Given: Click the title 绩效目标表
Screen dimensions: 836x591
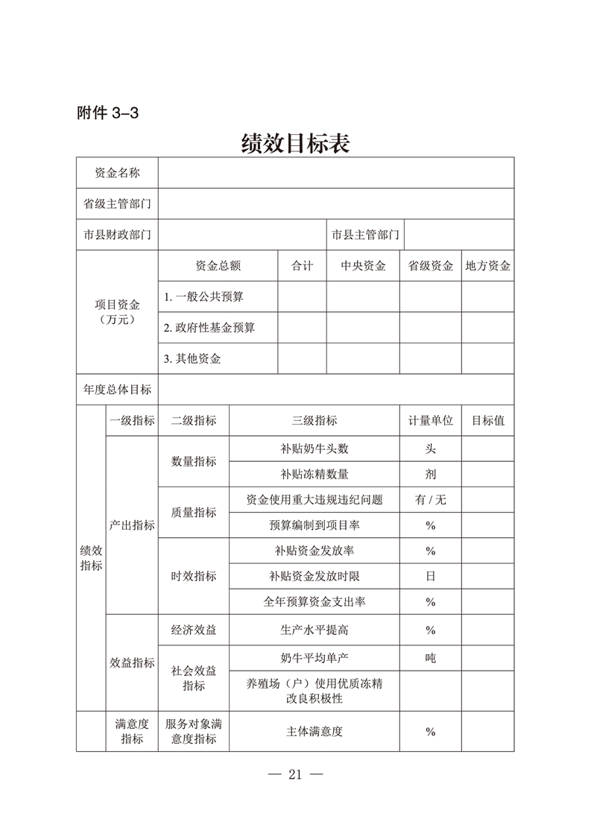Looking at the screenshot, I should [x=295, y=142].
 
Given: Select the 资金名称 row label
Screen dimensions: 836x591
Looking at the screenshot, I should [x=117, y=173].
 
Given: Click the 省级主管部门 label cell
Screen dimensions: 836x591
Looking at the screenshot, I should [x=117, y=203].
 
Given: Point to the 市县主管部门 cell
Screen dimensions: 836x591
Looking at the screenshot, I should [x=365, y=235].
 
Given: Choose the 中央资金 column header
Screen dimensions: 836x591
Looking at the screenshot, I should [x=363, y=266].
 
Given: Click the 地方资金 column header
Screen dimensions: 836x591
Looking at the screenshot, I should [x=487, y=266].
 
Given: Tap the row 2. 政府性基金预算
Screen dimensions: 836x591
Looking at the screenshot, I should [x=209, y=327].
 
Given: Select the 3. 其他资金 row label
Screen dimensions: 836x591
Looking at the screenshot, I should [x=192, y=358].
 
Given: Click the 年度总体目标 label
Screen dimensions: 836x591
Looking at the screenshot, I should [x=117, y=389].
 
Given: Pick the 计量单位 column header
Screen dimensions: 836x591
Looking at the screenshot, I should [x=430, y=420].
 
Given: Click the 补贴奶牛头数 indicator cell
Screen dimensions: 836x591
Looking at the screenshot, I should [x=315, y=449].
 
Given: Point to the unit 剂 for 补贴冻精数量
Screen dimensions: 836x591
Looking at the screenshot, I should [x=430, y=474].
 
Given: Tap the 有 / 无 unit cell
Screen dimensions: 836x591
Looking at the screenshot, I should [x=430, y=500].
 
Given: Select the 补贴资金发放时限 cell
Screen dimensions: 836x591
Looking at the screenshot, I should [x=315, y=576].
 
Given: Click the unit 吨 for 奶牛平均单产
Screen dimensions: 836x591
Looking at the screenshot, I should [x=430, y=658].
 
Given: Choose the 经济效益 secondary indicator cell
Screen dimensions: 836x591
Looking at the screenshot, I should [x=194, y=630].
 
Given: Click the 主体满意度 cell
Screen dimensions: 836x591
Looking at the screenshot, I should [x=315, y=731].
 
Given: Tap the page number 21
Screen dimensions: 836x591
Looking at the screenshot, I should [x=294, y=774].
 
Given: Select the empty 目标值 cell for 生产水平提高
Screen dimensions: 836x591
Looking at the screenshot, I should [x=487, y=630].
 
